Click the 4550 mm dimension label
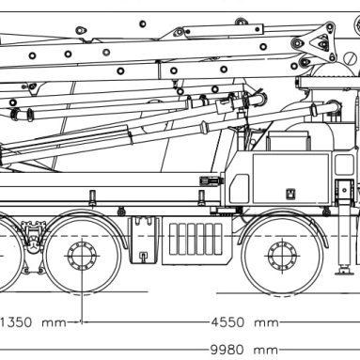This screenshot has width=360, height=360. point(244,322)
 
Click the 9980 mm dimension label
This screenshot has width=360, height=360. point(244,350)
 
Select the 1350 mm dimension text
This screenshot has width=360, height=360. point(33,322)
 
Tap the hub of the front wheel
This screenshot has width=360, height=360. point(282,256)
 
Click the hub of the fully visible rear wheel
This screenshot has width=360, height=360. point(82,256)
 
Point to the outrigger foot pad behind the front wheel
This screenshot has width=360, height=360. point(344,271)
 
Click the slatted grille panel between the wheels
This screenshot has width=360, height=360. point(196,239)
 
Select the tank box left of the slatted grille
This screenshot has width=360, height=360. point(144,241)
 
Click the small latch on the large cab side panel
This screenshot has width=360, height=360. point(290,194)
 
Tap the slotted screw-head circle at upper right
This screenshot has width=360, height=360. point(351,58)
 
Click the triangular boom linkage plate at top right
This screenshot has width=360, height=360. point(320,43)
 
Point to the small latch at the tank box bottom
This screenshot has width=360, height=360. point(143,257)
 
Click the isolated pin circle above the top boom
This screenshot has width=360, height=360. point(143,23)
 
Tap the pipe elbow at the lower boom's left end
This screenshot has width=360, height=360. point(14,115)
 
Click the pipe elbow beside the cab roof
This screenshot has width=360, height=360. point(333,107)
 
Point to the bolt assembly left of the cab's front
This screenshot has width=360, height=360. point(211,180)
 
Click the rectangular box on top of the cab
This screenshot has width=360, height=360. point(289,141)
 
